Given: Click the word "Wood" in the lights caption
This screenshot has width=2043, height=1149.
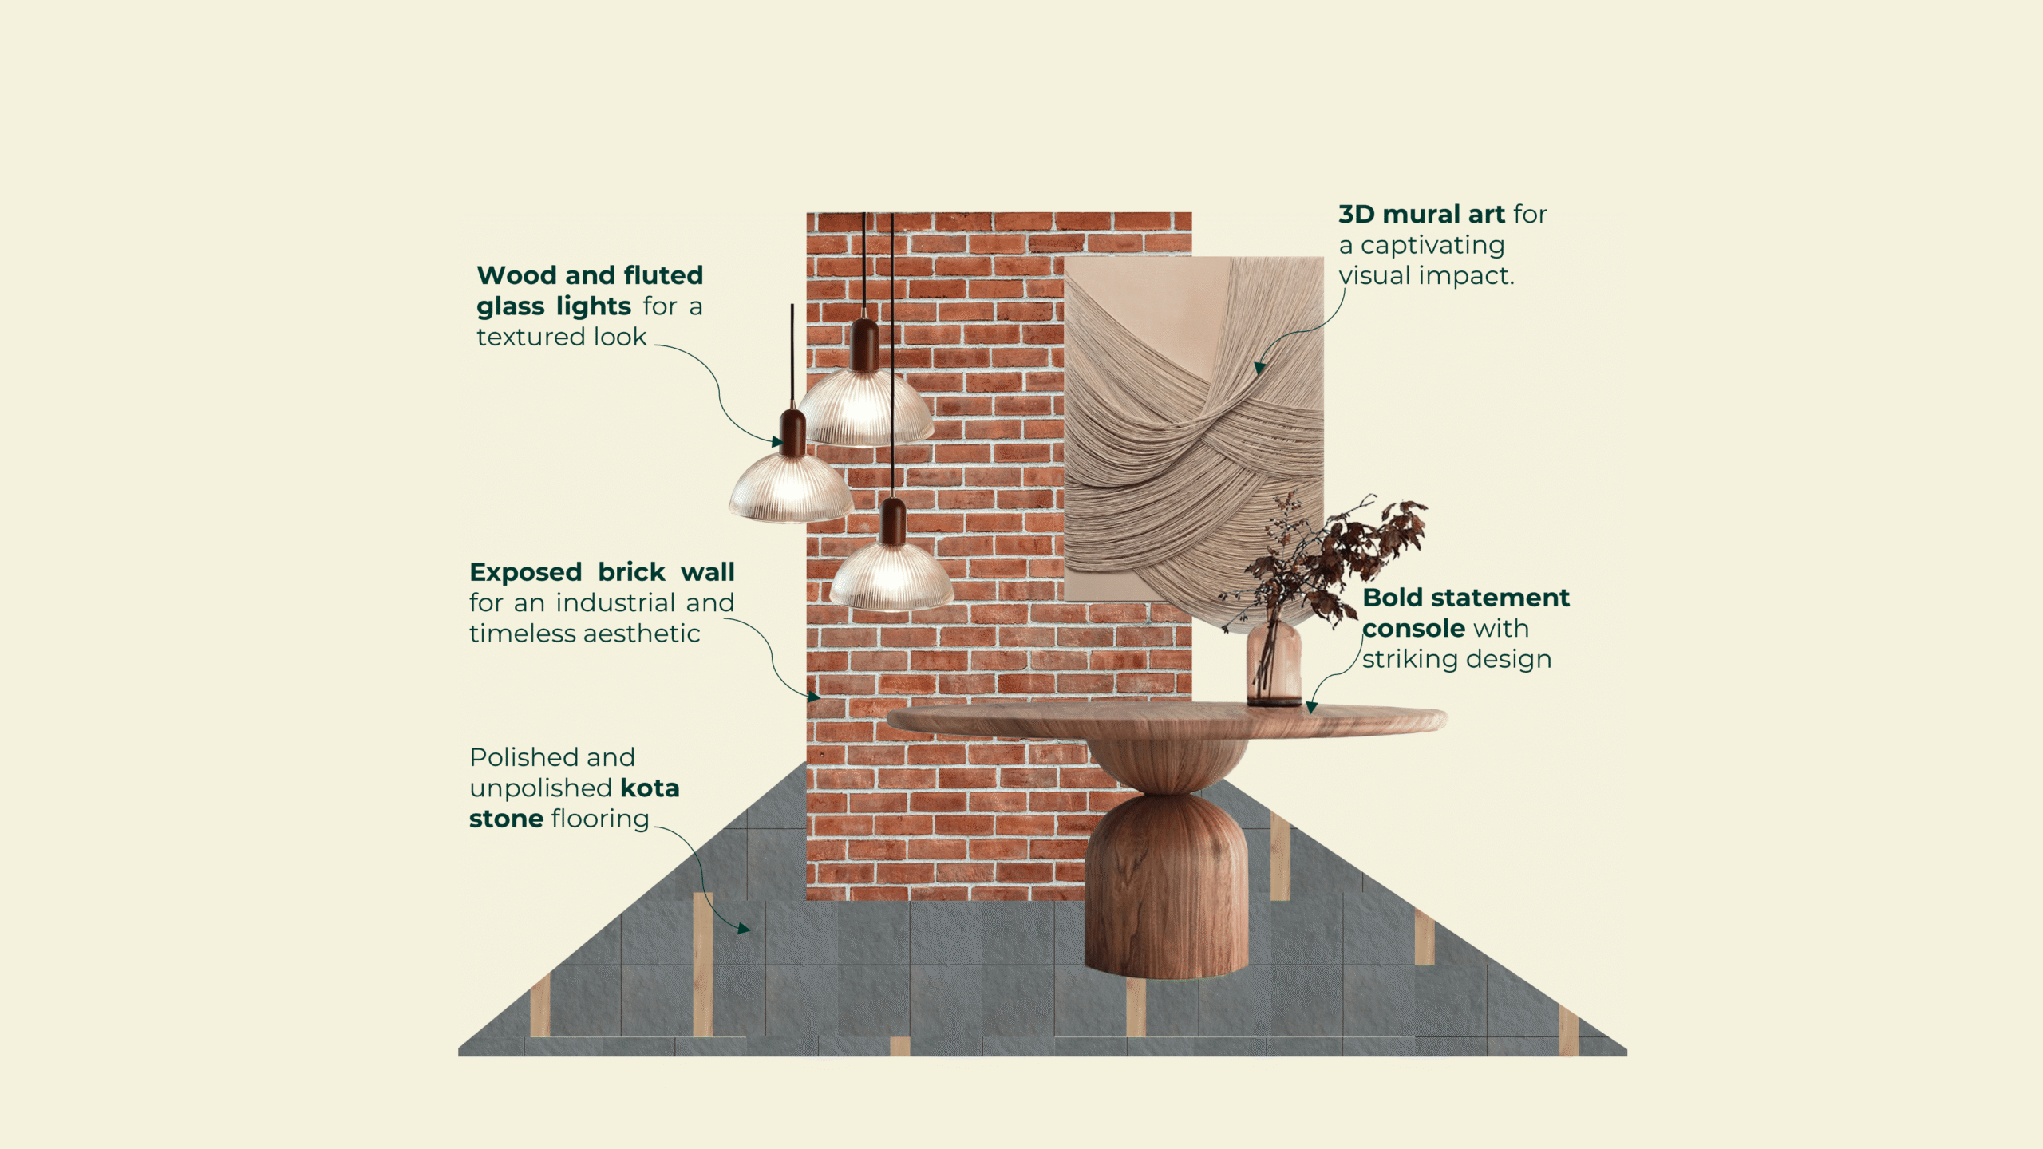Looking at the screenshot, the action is pyautogui.click(x=516, y=275).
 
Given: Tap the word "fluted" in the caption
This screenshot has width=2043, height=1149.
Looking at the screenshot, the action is pyautogui.click(x=663, y=275).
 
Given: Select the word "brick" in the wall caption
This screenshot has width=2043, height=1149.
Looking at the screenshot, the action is pyautogui.click(x=631, y=572).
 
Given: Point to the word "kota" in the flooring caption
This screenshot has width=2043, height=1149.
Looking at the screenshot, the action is pyautogui.click(x=650, y=788).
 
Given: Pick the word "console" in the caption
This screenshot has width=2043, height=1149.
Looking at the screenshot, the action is pyautogui.click(x=1413, y=629).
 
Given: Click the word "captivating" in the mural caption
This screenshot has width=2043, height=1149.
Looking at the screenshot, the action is pyautogui.click(x=1432, y=246).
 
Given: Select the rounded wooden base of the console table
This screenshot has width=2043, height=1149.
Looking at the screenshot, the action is pyautogui.click(x=1166, y=886).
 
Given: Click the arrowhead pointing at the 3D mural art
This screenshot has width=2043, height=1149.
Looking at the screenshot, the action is pyautogui.click(x=1259, y=367).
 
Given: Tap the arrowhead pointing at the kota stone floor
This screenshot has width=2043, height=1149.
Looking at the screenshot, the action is pyautogui.click(x=744, y=929).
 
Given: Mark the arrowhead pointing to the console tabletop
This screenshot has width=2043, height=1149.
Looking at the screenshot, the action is pyautogui.click(x=1311, y=707).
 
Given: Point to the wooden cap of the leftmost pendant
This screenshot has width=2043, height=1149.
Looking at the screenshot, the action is pyautogui.click(x=792, y=432).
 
